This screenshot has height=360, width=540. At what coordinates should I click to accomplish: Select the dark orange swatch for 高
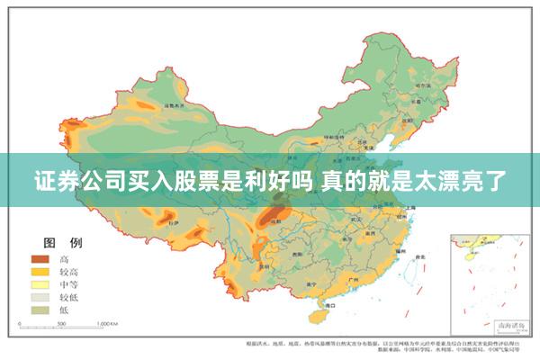pyautogui.click(x=41, y=259)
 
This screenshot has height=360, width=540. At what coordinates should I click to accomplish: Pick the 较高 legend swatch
pyautogui.click(x=41, y=271)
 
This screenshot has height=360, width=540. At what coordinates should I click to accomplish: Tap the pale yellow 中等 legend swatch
pyautogui.click(x=41, y=283)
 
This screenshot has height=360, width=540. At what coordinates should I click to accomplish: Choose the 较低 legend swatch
pyautogui.click(x=41, y=296)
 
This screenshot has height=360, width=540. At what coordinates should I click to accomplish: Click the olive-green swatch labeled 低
pyautogui.click(x=41, y=309)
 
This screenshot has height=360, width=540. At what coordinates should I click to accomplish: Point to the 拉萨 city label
pyautogui.click(x=174, y=219)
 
